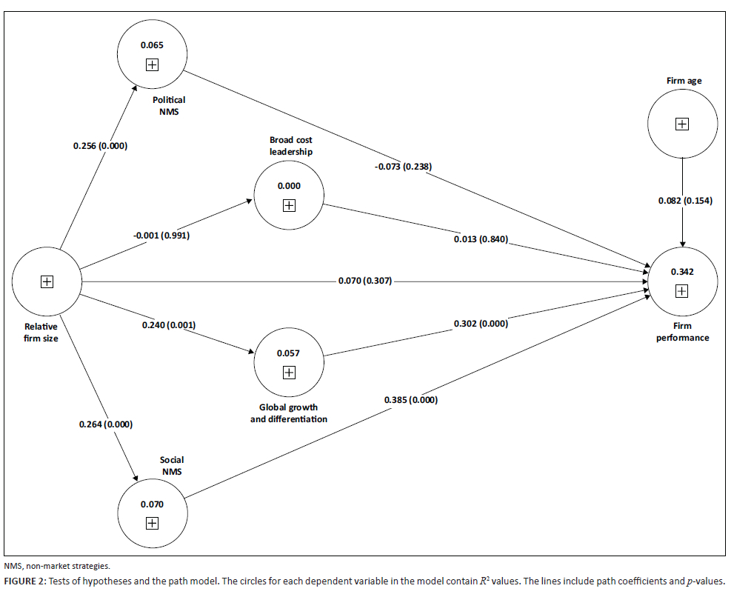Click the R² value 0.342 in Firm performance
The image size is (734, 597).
click(681, 272)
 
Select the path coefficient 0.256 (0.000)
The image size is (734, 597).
click(100, 146)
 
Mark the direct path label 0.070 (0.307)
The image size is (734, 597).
click(364, 281)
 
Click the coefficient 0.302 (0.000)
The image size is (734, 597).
click(481, 324)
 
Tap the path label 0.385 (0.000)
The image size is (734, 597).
click(410, 400)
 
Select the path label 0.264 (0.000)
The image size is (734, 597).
click(105, 424)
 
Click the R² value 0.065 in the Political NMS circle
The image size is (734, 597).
click(152, 46)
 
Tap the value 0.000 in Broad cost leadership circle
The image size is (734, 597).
click(289, 186)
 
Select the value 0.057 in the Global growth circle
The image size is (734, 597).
click(288, 353)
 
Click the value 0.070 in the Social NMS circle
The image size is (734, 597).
click(152, 504)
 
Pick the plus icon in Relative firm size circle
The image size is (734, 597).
click(47, 281)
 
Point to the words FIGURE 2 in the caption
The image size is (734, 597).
click(23, 581)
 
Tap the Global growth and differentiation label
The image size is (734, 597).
click(288, 413)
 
